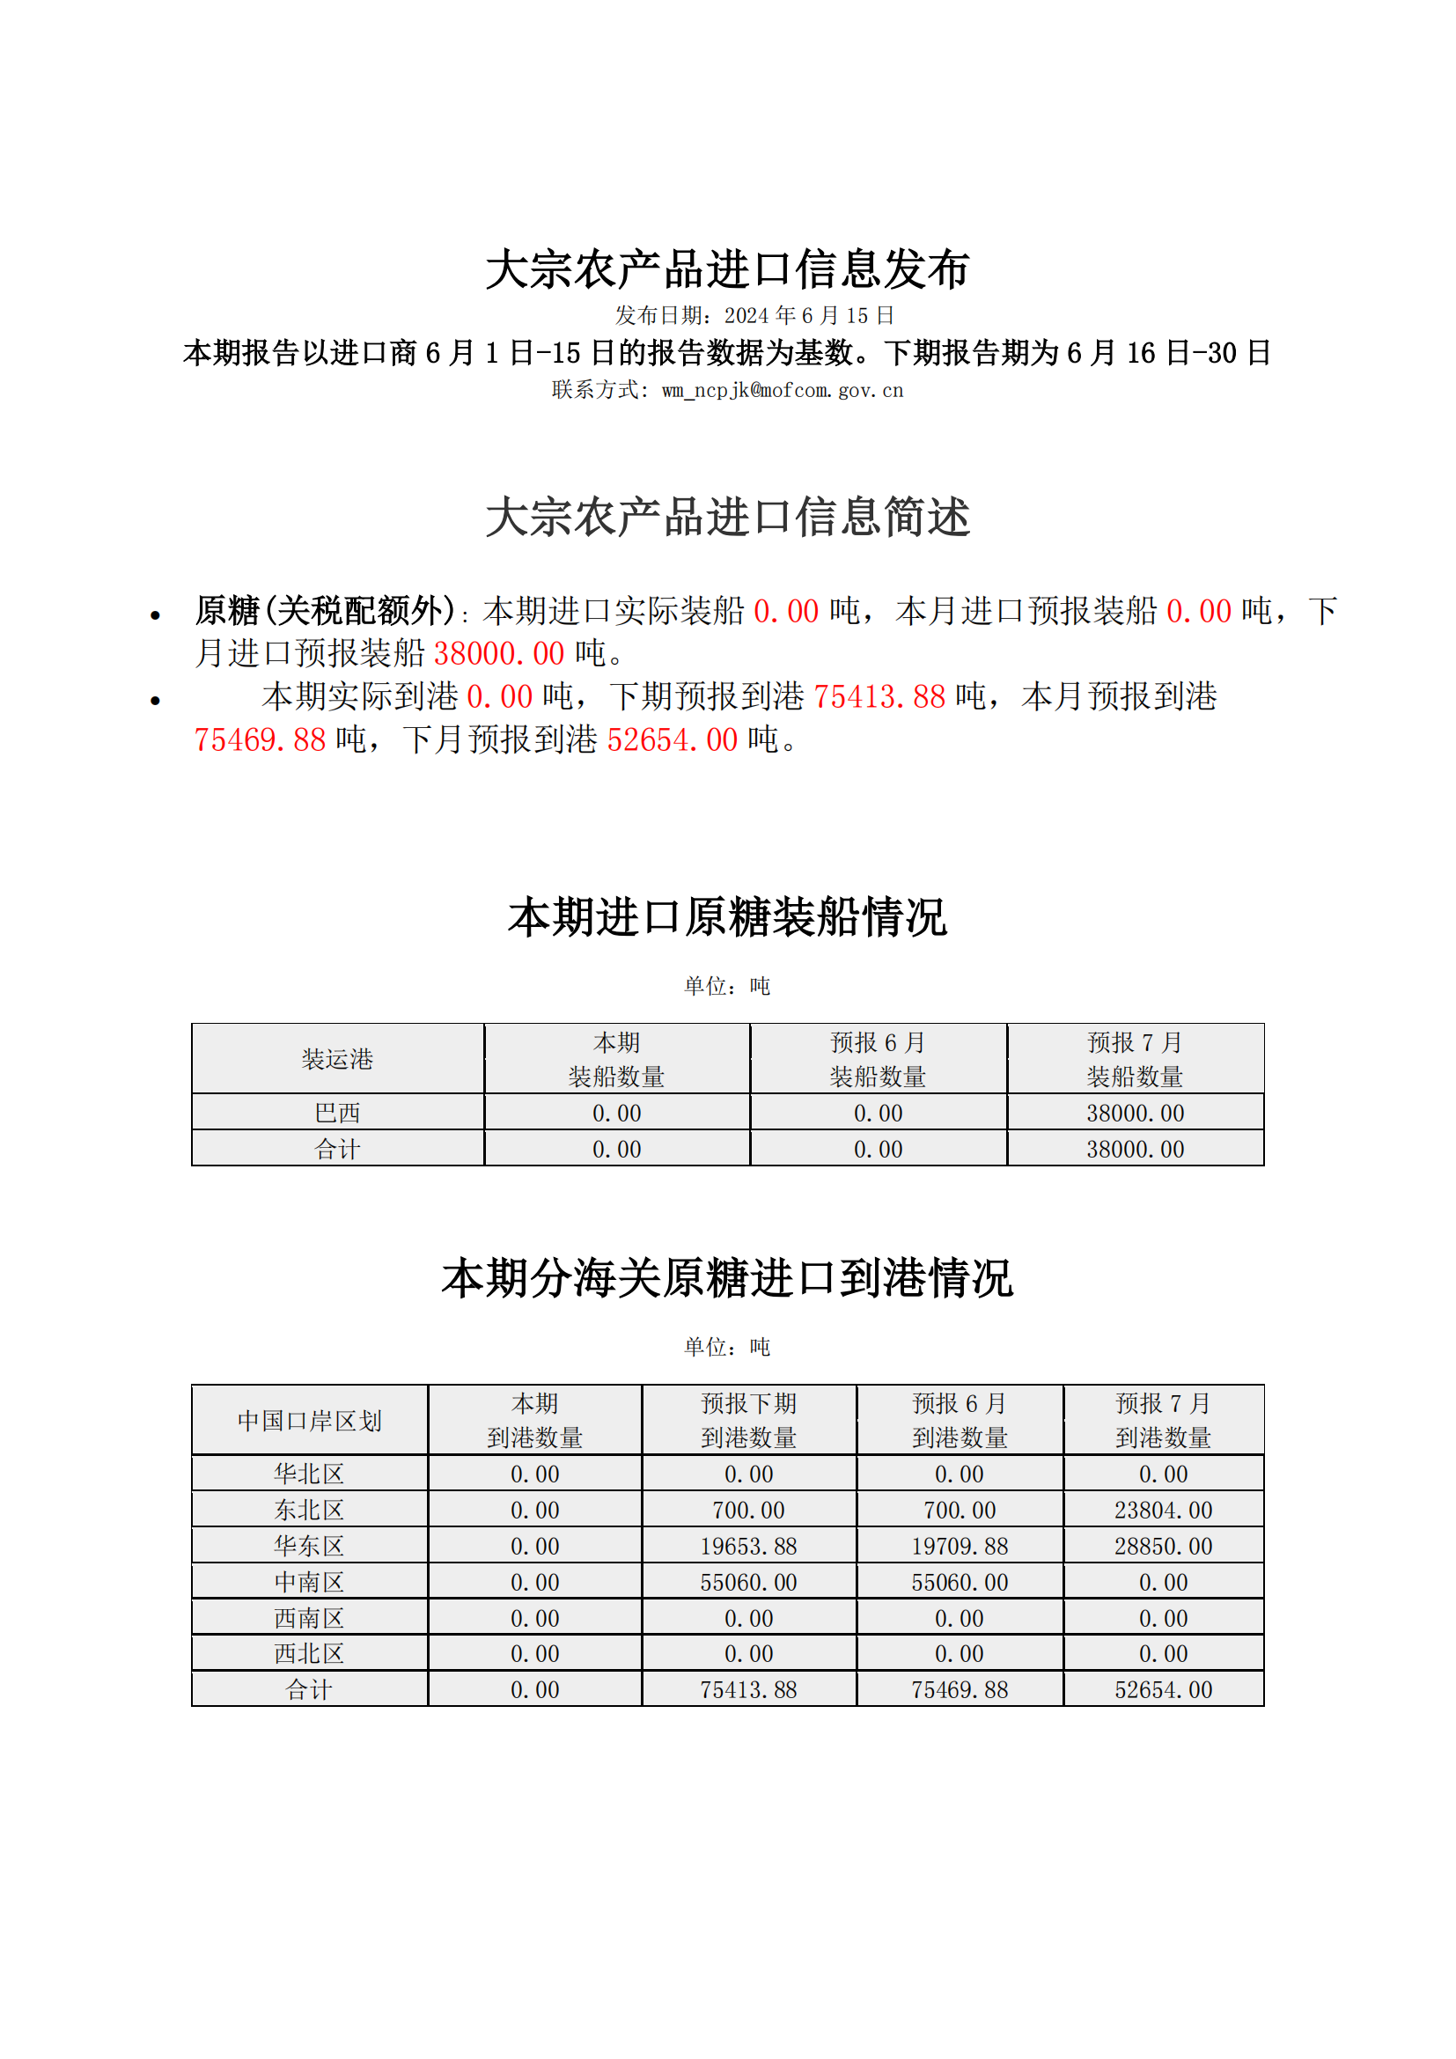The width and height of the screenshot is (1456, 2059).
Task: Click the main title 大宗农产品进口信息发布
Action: click(727, 269)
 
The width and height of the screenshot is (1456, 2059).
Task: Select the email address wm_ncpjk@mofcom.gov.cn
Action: click(782, 390)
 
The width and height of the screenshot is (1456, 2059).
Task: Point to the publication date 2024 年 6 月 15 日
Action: click(809, 316)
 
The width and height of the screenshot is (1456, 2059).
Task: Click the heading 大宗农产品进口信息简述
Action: click(727, 518)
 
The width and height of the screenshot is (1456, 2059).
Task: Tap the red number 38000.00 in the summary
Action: click(498, 654)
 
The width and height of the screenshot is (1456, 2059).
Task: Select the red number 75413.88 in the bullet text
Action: click(879, 697)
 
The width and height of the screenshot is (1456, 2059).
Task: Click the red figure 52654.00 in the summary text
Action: click(672, 739)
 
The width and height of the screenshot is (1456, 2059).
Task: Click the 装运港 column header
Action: click(337, 1059)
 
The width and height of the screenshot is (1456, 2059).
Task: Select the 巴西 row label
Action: click(337, 1113)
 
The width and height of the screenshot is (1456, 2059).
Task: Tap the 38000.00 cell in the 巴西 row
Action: click(1135, 1113)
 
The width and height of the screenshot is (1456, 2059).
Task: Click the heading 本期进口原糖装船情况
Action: click(727, 917)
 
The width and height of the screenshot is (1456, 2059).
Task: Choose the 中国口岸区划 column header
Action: click(309, 1421)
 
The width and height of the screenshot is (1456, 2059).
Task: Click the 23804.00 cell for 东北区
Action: click(1163, 1511)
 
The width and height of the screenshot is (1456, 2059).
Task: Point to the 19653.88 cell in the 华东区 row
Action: click(748, 1546)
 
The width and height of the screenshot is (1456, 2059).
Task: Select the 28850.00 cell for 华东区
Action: click(1163, 1546)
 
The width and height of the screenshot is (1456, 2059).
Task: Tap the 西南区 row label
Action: click(309, 1618)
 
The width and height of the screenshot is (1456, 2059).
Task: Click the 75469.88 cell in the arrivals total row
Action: click(960, 1689)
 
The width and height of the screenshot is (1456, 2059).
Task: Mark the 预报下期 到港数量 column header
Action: click(748, 1421)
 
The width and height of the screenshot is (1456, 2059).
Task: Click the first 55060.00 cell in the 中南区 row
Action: click(748, 1582)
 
